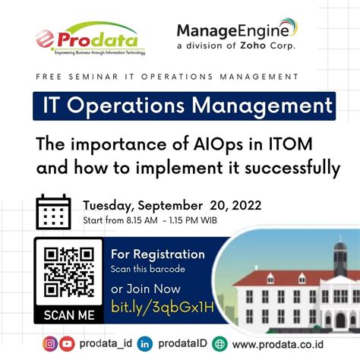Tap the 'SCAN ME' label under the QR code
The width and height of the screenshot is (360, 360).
(68, 314)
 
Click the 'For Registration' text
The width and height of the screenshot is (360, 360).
(157, 254)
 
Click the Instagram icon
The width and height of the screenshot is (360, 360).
(50, 343)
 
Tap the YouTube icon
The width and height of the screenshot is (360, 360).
(67, 343)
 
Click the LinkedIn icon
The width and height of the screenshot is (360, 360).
(145, 343)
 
